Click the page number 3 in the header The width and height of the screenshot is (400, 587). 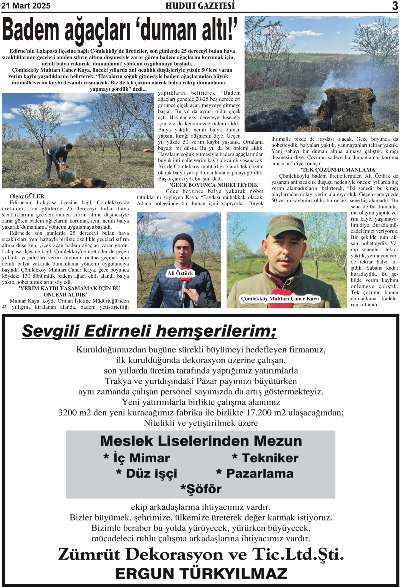tap(395, 6)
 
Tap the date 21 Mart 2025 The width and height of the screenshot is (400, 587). tap(26, 6)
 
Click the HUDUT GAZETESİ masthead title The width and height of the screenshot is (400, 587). tap(200, 6)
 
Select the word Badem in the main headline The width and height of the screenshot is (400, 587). tap(30, 30)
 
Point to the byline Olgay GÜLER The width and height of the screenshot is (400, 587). tap(27, 196)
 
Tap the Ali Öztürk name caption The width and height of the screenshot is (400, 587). tap(180, 273)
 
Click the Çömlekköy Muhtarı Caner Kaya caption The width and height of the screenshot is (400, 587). tap(280, 299)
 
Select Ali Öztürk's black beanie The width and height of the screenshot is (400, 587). tap(183, 242)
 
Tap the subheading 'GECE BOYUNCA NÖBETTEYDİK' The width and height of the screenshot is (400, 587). tap(214, 185)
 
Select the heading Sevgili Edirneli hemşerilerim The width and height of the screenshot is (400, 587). tap(149, 331)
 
